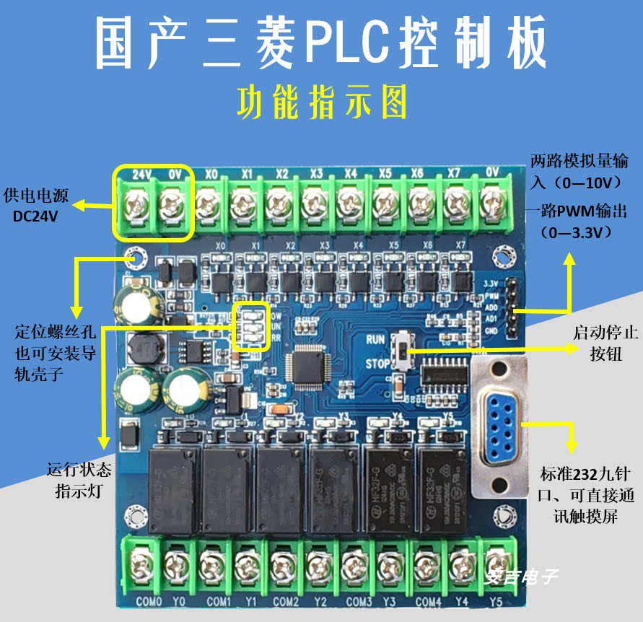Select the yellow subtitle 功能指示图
click(x=321, y=103)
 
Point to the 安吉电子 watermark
click(x=521, y=577)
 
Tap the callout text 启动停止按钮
click(x=595, y=343)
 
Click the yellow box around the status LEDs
click(x=250, y=325)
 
